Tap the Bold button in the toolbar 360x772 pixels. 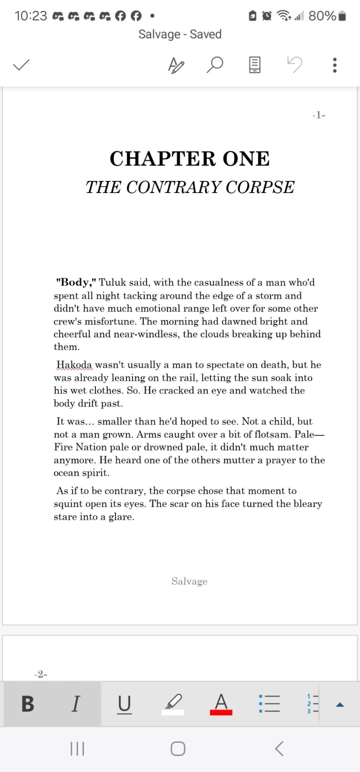pyautogui.click(x=28, y=704)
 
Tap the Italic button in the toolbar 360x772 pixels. pyautogui.click(x=76, y=704)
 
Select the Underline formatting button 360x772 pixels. pyautogui.click(x=124, y=704)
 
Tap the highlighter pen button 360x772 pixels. pyautogui.click(x=173, y=704)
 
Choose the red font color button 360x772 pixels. pyautogui.click(x=221, y=704)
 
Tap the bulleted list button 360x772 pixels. pyautogui.click(x=269, y=704)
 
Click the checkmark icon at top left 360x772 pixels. pyautogui.click(x=21, y=65)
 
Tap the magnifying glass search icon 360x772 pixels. pyautogui.click(x=215, y=65)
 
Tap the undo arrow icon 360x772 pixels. pyautogui.click(x=294, y=64)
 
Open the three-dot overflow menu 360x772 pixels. pyautogui.click(x=335, y=65)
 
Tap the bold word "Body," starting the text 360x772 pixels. pyautogui.click(x=76, y=282)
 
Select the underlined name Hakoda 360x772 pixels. pyautogui.click(x=74, y=365)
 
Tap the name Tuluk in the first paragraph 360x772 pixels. pyautogui.click(x=113, y=283)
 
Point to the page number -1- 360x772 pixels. pyautogui.click(x=319, y=115)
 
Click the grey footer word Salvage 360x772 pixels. pyautogui.click(x=189, y=581)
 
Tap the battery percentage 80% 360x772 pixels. pyautogui.click(x=322, y=16)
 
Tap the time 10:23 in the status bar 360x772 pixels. pyautogui.click(x=31, y=16)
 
